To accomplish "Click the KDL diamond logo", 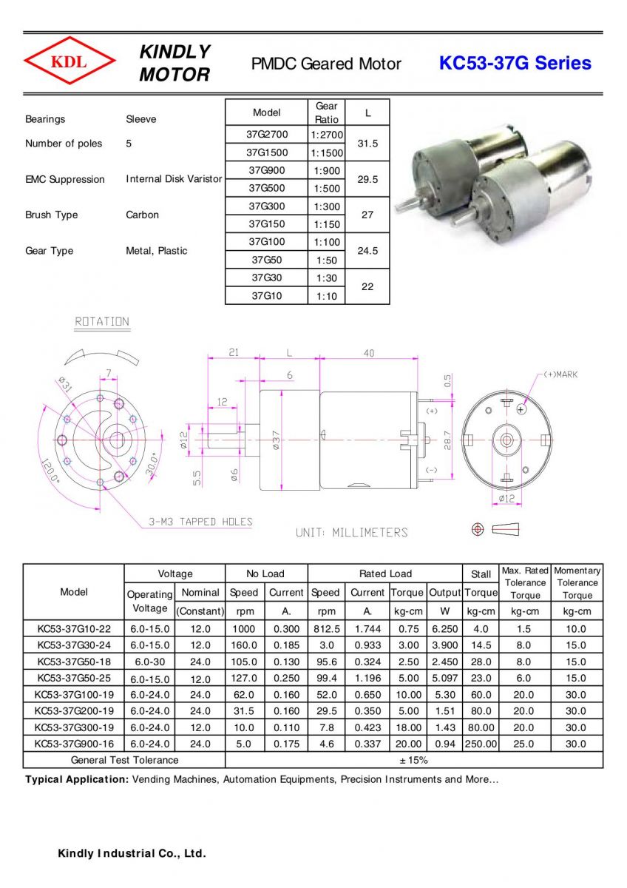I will pyautogui.click(x=69, y=62).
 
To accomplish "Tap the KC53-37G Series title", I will pyautogui.click(x=515, y=63).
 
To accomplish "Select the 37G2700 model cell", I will pyautogui.click(x=267, y=135).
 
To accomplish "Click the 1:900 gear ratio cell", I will pyautogui.click(x=326, y=171).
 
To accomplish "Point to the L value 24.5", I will pyautogui.click(x=367, y=251).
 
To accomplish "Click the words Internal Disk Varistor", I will pyautogui.click(x=174, y=179).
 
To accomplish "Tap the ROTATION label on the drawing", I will pyautogui.click(x=102, y=322).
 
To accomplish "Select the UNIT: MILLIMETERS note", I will pyautogui.click(x=351, y=532).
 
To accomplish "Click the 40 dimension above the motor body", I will pyautogui.click(x=368, y=354).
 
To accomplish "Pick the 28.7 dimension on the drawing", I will pyautogui.click(x=448, y=440).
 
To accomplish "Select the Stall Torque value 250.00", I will pyautogui.click(x=481, y=744).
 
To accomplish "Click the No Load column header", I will pyautogui.click(x=265, y=573).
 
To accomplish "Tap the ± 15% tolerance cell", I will pyautogui.click(x=413, y=760).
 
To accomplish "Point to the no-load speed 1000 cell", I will pyautogui.click(x=244, y=629).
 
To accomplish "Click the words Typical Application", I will pyautogui.click(x=76, y=779).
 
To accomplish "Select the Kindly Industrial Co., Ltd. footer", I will pyautogui.click(x=132, y=854).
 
